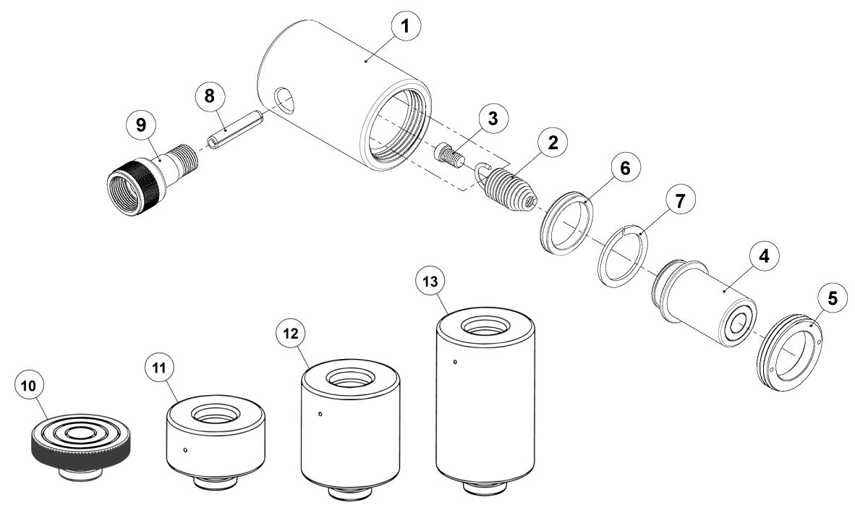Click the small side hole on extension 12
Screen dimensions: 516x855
(x=320, y=415)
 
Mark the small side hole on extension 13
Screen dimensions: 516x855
(x=454, y=362)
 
